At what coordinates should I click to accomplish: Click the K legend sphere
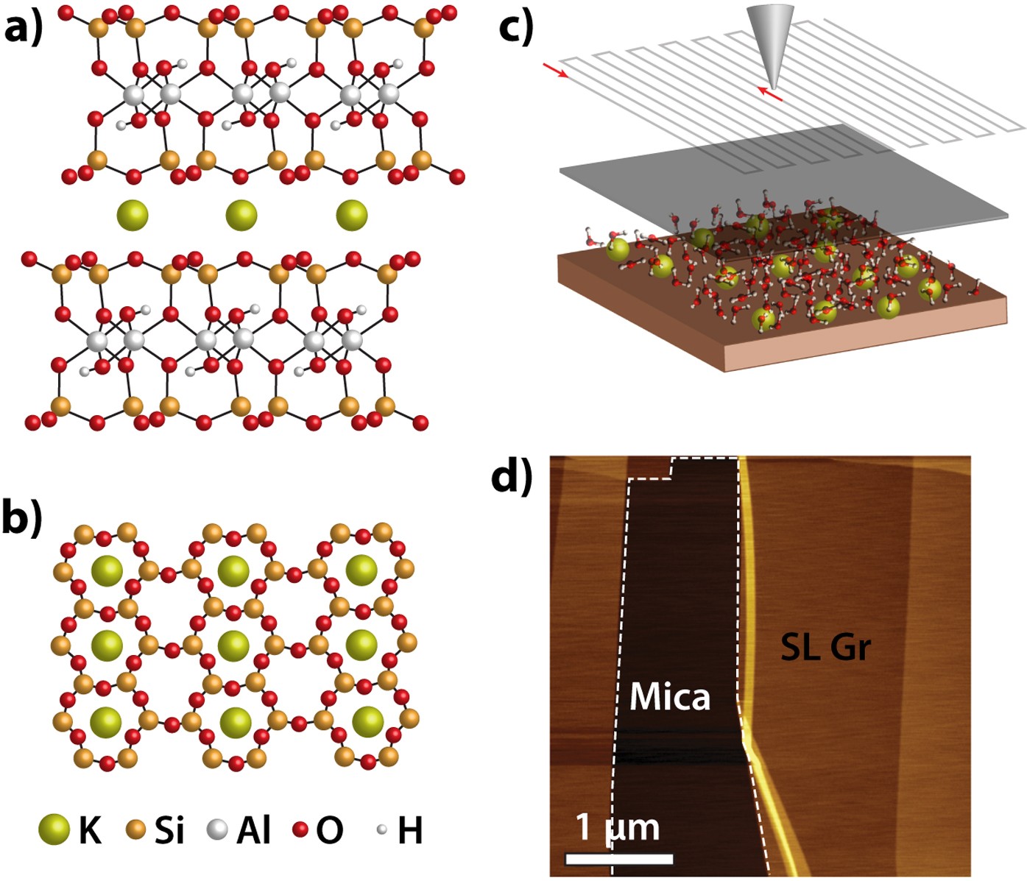click(x=54, y=829)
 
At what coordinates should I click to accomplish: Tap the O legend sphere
click(x=300, y=830)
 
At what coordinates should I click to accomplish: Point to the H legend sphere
click(x=381, y=829)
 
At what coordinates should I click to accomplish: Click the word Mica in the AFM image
click(x=669, y=696)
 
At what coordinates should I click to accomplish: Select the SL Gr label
click(x=825, y=647)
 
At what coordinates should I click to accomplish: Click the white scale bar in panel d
click(x=618, y=859)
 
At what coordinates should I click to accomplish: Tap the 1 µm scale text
click(x=617, y=827)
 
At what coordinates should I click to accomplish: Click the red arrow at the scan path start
click(x=555, y=71)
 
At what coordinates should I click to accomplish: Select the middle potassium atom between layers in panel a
click(x=241, y=216)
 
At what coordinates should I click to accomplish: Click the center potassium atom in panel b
click(x=235, y=645)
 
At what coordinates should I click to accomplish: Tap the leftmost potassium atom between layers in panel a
click(x=133, y=216)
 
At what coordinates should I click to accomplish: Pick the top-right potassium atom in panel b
click(x=361, y=570)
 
